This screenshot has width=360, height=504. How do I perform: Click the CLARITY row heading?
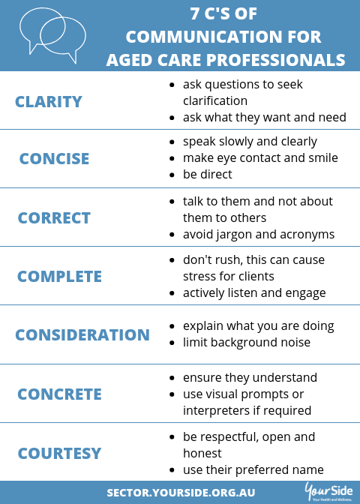point(49,102)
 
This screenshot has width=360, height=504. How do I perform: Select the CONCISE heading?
point(54,159)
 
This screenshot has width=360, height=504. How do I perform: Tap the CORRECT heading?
point(54,218)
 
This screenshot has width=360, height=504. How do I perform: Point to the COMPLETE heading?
point(59,277)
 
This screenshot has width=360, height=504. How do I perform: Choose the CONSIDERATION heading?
point(82,335)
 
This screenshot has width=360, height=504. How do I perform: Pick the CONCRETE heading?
point(59,394)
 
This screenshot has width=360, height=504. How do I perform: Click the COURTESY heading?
point(59,453)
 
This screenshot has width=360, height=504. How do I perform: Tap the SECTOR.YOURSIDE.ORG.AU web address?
point(181,493)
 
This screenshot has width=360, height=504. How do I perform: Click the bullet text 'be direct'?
point(207,175)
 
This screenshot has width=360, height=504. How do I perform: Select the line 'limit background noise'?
point(247,343)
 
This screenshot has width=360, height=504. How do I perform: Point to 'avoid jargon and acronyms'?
point(259,235)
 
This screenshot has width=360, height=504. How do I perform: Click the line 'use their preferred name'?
point(253,470)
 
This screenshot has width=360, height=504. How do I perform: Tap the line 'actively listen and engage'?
point(254,293)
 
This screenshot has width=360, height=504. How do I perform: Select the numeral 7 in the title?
point(194,13)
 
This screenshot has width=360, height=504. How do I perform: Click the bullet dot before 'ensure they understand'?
point(172,378)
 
